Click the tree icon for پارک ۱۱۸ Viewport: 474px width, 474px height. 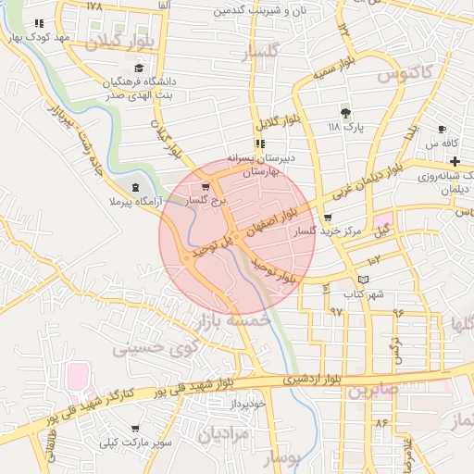click(345, 114)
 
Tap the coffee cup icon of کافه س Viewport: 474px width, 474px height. click(442, 129)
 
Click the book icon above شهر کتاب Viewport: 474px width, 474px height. click(363, 280)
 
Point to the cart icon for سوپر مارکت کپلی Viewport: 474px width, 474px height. click(136, 429)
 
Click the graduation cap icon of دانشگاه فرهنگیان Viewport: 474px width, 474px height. click(139, 68)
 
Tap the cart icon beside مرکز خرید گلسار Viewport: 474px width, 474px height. click(326, 218)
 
